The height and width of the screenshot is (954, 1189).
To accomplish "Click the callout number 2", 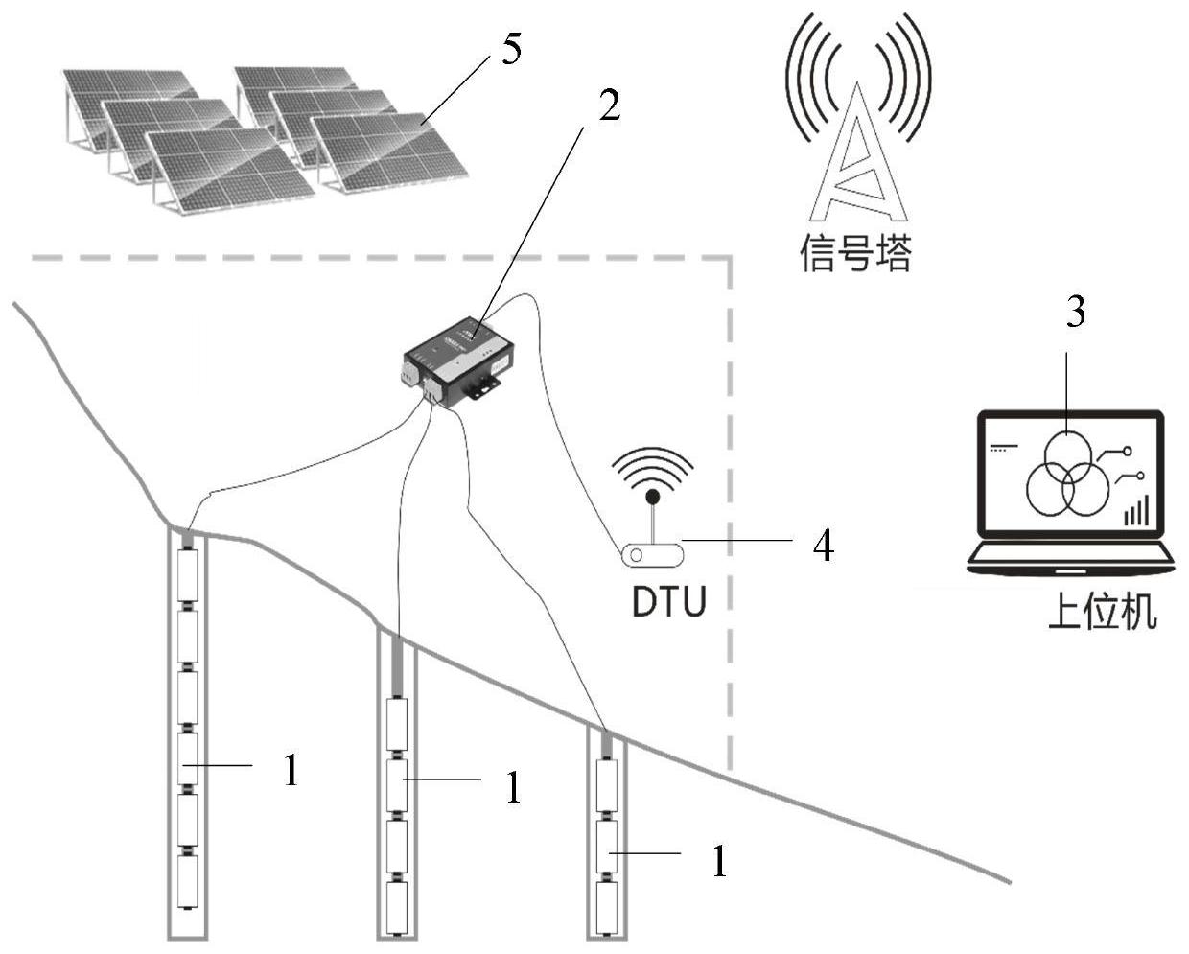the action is point(610,105).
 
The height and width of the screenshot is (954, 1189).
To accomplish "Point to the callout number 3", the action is point(1075,312).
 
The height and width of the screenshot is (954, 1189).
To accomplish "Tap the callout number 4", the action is point(823,547).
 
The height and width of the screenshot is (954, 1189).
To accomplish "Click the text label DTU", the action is point(669,601).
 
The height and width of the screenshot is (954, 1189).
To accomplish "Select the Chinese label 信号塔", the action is point(855,252).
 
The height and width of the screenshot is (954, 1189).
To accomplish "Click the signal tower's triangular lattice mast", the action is point(857,160).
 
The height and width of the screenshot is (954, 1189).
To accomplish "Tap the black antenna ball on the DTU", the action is point(653,497).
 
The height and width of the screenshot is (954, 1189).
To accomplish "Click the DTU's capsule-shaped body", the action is point(653,554).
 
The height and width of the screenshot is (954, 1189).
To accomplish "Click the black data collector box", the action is point(457,361).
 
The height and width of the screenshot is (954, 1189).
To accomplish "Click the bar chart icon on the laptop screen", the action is point(1136,510).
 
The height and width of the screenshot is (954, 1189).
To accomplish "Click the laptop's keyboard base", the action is point(1070,560).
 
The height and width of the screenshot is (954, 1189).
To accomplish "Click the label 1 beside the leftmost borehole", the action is point(291,770).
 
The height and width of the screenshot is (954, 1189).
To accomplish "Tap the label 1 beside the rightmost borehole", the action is point(719,861).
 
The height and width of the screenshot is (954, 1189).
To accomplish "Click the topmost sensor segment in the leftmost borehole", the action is point(188,575).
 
